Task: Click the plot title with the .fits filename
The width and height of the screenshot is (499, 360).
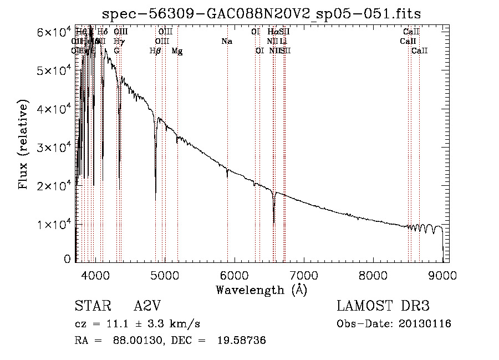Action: click(262, 14)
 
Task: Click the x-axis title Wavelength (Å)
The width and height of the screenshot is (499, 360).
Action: click(261, 290)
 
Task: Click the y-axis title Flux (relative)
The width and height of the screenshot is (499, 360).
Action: click(23, 145)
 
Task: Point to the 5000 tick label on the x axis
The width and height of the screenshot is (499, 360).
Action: click(164, 275)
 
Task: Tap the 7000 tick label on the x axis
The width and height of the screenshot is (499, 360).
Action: click(303, 275)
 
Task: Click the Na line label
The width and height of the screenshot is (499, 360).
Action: click(226, 42)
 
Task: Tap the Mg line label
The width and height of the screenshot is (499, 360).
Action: click(177, 51)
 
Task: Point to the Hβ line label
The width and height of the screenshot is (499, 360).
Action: click(155, 51)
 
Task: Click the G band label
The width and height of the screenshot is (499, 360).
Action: click(116, 51)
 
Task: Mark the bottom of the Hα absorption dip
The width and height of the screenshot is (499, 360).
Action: click(274, 222)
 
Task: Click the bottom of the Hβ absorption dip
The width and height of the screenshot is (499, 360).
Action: click(155, 199)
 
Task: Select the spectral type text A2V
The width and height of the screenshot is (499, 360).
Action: click(147, 307)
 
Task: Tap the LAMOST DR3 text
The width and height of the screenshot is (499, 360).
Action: click(383, 307)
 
